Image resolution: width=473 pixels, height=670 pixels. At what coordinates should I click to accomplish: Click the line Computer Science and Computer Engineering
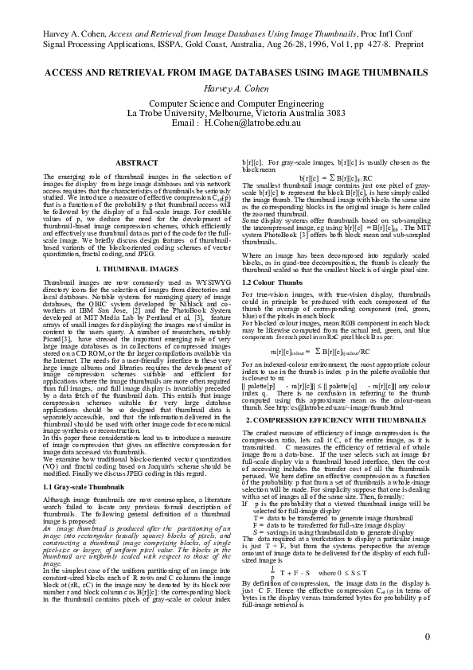click(x=236, y=103)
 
